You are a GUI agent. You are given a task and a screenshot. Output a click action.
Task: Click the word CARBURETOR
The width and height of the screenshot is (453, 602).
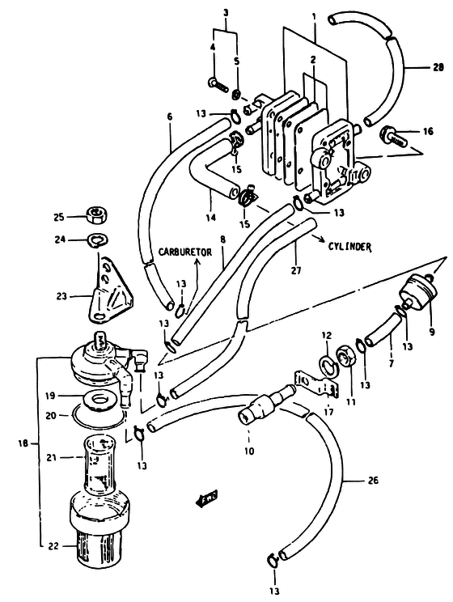point(184,252)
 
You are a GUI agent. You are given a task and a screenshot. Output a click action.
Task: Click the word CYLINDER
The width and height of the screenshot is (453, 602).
point(349,247)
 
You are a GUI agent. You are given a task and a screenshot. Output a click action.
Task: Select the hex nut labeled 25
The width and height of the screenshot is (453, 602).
point(95,217)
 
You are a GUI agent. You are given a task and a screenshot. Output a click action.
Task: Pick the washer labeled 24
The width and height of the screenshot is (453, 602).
point(98,240)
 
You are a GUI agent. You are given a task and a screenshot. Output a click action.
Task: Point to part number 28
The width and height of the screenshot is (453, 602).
point(438,67)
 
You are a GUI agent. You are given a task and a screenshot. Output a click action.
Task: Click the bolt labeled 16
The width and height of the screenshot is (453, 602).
point(393,138)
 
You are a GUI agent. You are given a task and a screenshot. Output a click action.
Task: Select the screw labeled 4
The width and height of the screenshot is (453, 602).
point(218,84)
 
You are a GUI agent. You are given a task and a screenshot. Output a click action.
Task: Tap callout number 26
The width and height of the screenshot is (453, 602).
point(373,480)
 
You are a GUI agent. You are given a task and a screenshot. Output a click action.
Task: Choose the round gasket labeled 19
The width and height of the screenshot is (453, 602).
point(100,401)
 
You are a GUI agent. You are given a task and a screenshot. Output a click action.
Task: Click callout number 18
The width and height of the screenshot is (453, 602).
point(23,443)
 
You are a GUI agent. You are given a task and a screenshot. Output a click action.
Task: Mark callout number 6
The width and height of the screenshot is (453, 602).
point(170,117)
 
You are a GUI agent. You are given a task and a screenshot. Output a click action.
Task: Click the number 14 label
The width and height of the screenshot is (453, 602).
point(210,218)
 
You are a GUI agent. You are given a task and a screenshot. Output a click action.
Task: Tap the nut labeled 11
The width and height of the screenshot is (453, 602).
point(346,357)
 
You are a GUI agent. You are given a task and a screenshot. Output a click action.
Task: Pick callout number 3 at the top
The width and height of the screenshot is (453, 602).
point(226,13)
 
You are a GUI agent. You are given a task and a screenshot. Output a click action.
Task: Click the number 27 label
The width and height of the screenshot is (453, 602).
point(295,271)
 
